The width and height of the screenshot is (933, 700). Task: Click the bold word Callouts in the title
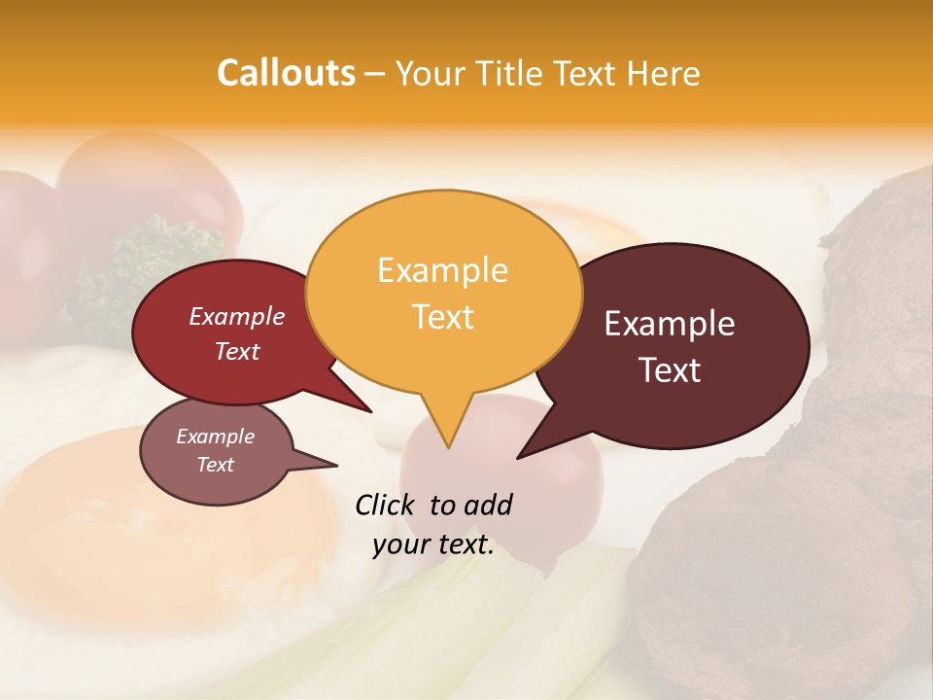(286, 73)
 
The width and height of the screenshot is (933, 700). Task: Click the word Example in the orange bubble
(442, 270)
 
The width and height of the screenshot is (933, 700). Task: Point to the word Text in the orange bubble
(443, 317)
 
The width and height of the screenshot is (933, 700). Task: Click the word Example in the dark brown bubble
(670, 324)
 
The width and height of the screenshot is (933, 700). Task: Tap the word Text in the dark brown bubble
(671, 370)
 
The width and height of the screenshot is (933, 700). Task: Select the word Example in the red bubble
(237, 316)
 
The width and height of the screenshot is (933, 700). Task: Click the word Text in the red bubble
(237, 351)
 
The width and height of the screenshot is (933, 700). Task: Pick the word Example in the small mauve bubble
(216, 437)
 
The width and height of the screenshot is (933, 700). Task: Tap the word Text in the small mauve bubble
(216, 465)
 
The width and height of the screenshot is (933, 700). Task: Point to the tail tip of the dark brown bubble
(518, 457)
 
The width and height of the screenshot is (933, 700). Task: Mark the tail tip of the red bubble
(370, 410)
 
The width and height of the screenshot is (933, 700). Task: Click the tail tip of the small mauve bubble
(336, 466)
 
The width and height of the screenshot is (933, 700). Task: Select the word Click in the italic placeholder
(387, 505)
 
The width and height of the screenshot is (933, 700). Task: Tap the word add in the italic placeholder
(487, 505)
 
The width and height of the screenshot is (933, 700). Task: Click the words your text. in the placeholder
(433, 544)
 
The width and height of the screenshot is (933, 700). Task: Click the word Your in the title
(431, 73)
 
